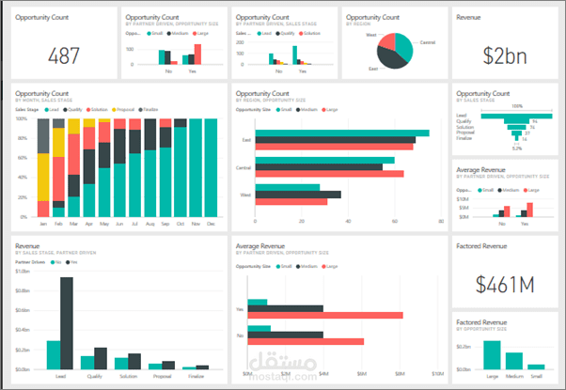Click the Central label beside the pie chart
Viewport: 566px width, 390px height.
tap(427, 42)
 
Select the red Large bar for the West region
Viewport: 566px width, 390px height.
tap(291, 201)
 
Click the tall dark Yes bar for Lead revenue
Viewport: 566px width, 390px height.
tap(66, 309)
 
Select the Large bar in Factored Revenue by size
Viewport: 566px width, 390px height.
tap(491, 354)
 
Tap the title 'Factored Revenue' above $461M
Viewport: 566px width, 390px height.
tap(481, 246)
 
